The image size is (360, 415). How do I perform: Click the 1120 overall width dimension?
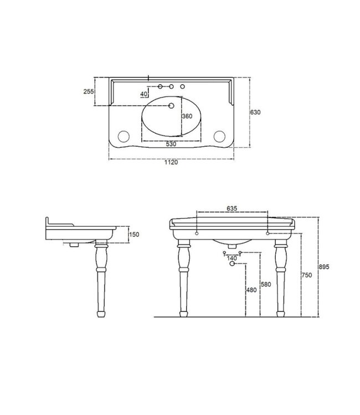point(171,163)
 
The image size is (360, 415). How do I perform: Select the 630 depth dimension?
point(255,112)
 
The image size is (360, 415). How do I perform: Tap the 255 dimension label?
point(88,92)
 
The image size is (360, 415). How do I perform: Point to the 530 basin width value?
point(171,144)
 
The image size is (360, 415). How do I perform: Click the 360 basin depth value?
point(187,116)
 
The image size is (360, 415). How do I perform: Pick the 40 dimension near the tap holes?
point(144,94)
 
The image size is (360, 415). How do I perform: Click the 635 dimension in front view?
point(232,209)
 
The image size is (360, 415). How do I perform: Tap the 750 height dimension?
point(306,275)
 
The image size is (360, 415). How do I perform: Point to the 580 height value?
point(265,284)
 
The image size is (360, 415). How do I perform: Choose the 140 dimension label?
point(232,258)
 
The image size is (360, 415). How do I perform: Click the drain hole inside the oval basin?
point(171,106)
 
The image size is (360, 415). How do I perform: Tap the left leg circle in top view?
point(123,136)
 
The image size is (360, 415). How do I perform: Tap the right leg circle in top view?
point(219,136)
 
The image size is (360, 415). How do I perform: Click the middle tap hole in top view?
point(171,87)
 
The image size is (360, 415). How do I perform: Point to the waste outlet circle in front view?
point(232,264)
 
